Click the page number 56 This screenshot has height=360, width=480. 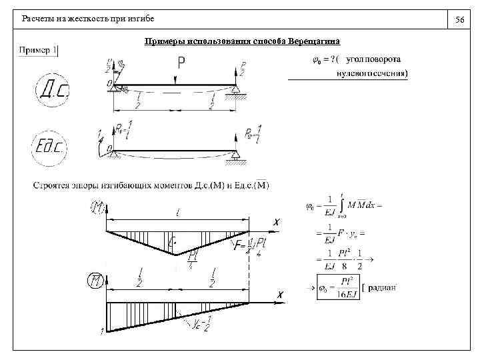coord(459,21)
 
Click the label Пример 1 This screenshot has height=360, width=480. coord(38,50)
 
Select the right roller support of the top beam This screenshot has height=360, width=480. coord(235,91)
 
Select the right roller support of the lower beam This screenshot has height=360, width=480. coord(235,157)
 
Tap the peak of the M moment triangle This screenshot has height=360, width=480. coord(175,254)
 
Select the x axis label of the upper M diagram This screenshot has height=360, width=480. coord(276,222)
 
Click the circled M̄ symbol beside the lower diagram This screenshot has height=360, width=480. coord(97,280)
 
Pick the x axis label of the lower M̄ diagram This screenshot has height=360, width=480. coord(281,294)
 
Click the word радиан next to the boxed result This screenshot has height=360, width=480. coord(382,288)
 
